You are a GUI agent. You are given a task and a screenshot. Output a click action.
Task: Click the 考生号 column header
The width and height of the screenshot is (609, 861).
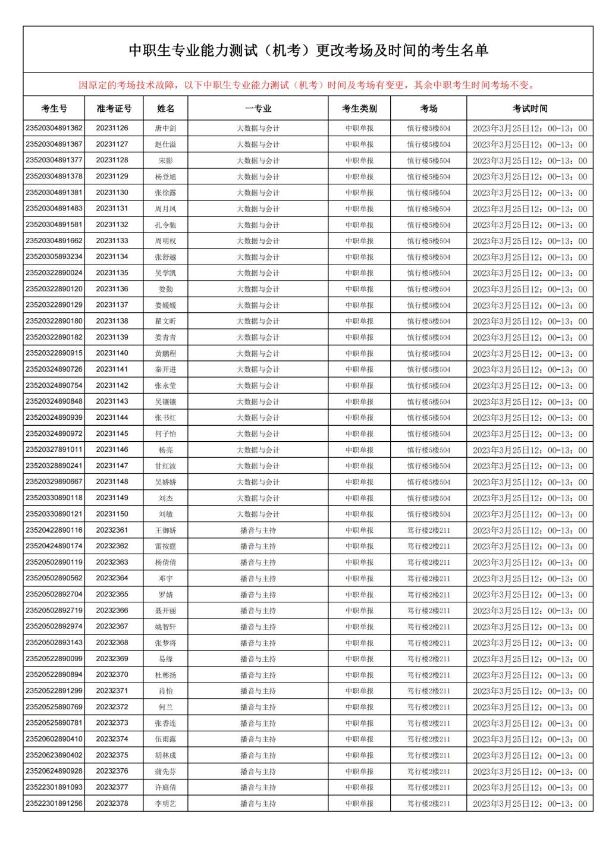[x=54, y=108]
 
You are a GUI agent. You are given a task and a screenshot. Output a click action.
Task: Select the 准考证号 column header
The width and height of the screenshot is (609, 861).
[x=114, y=108]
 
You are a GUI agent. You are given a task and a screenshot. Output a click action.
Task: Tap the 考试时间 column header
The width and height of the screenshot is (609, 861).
[x=529, y=108]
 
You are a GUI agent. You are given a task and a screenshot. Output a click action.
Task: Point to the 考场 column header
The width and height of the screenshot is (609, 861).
[x=428, y=108]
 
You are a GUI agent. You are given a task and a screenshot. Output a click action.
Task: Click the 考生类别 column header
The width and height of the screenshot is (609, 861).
[x=359, y=108]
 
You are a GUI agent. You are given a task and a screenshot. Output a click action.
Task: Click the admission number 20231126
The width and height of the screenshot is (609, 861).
[x=112, y=128]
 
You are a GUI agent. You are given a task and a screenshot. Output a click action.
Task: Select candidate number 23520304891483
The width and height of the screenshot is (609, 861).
[x=54, y=208]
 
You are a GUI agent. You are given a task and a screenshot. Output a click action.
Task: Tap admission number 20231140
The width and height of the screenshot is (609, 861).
[x=112, y=353]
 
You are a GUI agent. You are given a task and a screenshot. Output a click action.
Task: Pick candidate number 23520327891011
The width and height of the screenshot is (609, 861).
[x=54, y=450]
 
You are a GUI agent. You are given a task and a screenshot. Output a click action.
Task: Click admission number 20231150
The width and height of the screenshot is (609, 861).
[x=112, y=514]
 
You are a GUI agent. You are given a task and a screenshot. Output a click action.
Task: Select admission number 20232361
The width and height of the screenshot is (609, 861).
[x=112, y=530]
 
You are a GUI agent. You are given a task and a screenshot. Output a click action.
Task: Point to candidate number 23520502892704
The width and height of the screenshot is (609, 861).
[x=54, y=594]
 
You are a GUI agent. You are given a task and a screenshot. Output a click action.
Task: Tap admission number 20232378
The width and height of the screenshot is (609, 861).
[x=112, y=803]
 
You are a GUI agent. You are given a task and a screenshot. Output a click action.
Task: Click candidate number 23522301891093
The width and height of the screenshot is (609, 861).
[x=54, y=787]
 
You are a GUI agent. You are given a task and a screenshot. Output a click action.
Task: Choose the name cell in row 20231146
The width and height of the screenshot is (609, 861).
[x=165, y=450]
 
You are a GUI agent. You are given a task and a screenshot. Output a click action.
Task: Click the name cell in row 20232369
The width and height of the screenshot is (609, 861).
[x=165, y=659]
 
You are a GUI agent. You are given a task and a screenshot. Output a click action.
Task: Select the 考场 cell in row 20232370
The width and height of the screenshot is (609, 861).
[x=428, y=675]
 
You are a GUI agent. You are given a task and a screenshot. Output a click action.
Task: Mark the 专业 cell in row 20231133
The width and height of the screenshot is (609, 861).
[x=258, y=241]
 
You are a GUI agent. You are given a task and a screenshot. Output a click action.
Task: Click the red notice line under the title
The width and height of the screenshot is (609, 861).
[x=307, y=85]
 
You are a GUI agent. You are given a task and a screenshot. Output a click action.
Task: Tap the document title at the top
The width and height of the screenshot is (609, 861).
[x=308, y=51]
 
